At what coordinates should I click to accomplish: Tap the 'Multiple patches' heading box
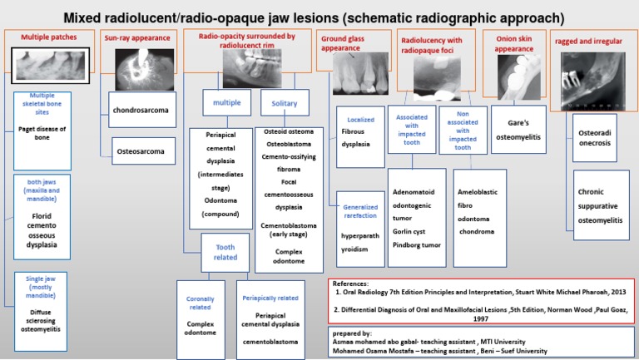pos(51,38)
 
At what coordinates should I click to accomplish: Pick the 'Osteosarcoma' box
pos(143,151)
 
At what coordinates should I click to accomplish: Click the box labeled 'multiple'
pos(226,103)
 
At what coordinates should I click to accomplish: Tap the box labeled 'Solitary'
pos(279,103)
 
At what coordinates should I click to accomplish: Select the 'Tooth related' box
pos(225,251)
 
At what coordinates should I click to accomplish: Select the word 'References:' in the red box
pos(354,284)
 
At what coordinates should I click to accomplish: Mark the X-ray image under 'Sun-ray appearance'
pos(137,71)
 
